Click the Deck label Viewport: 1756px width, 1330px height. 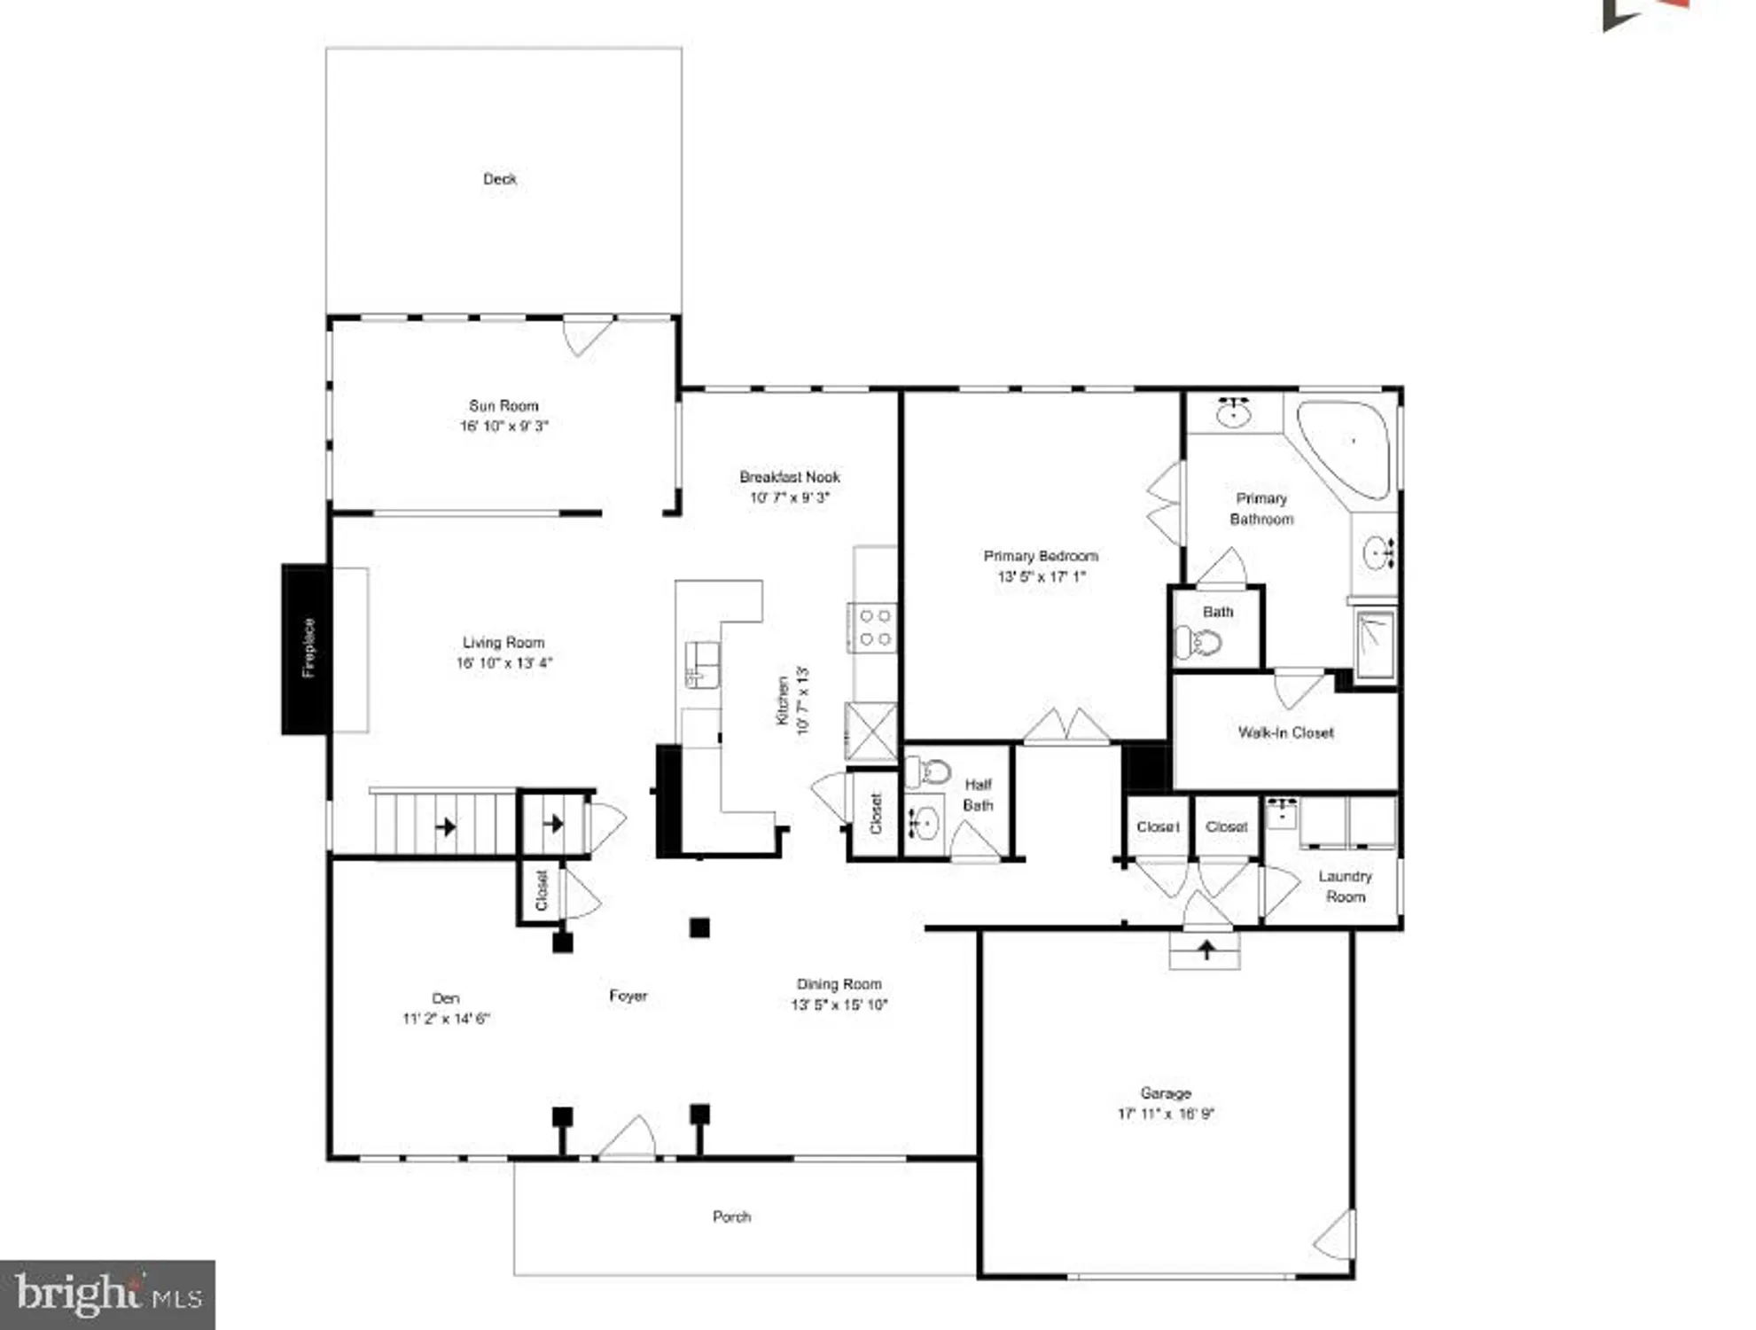499,179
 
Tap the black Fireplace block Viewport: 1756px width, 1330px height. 306,648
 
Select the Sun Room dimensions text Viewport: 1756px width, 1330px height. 503,426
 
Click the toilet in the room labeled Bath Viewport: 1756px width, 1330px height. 1198,641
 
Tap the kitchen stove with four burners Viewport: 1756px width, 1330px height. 874,627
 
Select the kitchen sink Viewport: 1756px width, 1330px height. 702,664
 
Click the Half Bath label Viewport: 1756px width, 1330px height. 978,794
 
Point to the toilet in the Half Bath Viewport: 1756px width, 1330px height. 929,771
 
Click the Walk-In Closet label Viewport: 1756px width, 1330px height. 1285,732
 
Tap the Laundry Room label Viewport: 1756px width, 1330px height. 1345,886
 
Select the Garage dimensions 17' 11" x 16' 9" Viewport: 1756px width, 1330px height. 1166,1114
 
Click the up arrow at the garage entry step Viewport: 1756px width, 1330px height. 1206,950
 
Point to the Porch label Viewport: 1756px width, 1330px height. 731,1217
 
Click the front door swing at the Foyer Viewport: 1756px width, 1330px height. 630,1138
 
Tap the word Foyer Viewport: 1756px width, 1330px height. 628,996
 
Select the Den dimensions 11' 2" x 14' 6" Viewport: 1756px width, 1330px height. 446,1019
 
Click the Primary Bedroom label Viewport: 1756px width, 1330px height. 1041,556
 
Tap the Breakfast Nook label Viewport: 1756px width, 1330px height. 789,477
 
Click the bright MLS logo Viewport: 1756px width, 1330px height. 107,1294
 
